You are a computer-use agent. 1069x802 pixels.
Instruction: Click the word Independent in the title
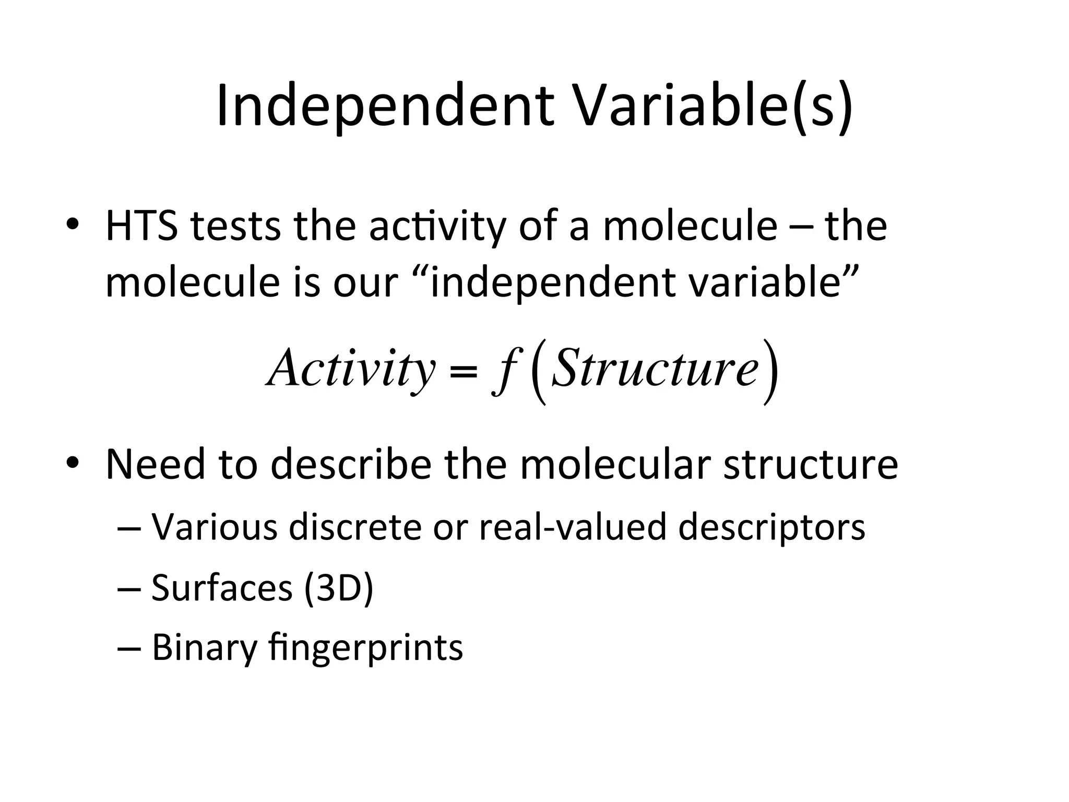(x=384, y=106)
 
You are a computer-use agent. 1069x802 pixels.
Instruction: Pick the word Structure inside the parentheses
(x=655, y=369)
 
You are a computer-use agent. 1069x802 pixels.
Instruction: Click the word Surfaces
(x=222, y=588)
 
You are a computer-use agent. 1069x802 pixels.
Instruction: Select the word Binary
(x=205, y=648)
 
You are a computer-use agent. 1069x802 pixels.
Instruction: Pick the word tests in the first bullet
(x=235, y=227)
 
